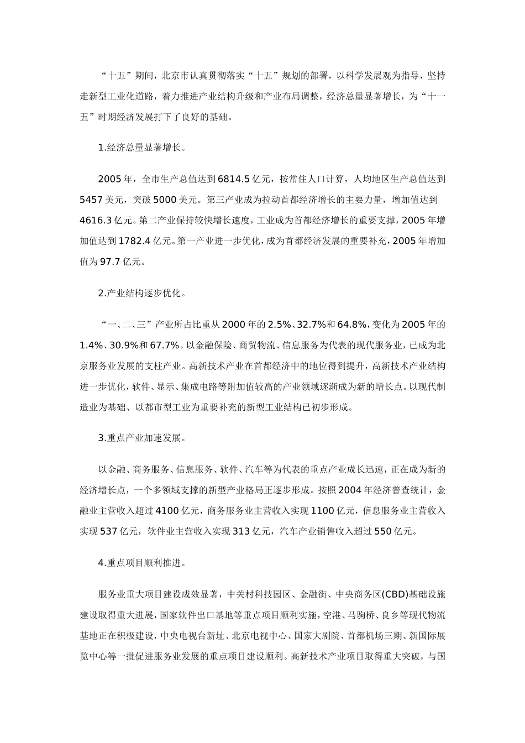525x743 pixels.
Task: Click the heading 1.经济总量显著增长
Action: point(142,148)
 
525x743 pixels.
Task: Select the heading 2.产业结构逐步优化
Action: point(142,293)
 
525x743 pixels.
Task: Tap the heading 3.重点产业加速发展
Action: point(142,438)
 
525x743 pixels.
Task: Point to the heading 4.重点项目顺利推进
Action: point(142,563)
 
